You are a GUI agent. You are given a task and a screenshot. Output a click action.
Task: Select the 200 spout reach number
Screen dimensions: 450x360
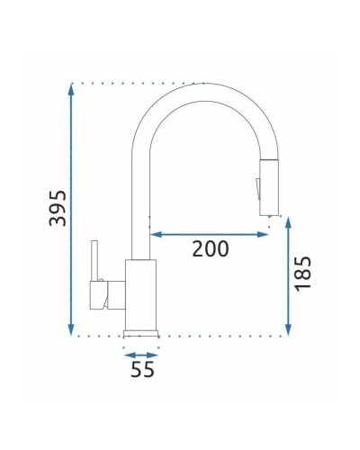pyautogui.click(x=210, y=249)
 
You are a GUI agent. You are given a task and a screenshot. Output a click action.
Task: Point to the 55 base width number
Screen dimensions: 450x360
pyautogui.click(x=140, y=369)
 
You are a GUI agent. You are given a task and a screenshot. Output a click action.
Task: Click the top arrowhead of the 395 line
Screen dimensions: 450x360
pyautogui.click(x=70, y=87)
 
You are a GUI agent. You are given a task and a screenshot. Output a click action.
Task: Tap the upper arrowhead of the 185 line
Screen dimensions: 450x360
pyautogui.click(x=287, y=221)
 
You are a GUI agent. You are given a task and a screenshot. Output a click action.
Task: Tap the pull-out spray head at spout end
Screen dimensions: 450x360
pyautogui.click(x=267, y=189)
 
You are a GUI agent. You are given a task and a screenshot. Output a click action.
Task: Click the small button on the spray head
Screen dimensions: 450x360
pyautogui.click(x=257, y=187)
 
